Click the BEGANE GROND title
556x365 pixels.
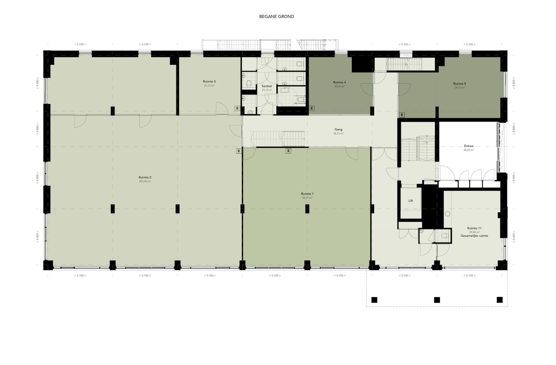point(276,17)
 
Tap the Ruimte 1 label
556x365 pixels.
point(307,194)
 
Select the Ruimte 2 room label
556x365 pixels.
point(145,177)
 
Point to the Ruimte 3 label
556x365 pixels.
point(209,81)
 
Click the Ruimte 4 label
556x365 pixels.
point(339,82)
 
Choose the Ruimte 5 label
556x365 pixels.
point(459,84)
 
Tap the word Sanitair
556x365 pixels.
point(267,86)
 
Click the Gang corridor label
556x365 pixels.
point(339,130)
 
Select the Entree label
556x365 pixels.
point(469,146)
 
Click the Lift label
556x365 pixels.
point(410,201)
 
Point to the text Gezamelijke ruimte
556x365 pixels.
point(474,236)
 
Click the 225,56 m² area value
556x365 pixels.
point(145,181)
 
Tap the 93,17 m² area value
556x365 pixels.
point(307,198)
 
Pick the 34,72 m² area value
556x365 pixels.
point(459,88)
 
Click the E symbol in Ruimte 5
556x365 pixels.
point(402,115)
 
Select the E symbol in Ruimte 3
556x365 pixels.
point(237,108)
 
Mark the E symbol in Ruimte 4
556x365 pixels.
point(312,108)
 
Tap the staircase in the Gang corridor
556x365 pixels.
point(277,138)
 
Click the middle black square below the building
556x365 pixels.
point(437,300)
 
